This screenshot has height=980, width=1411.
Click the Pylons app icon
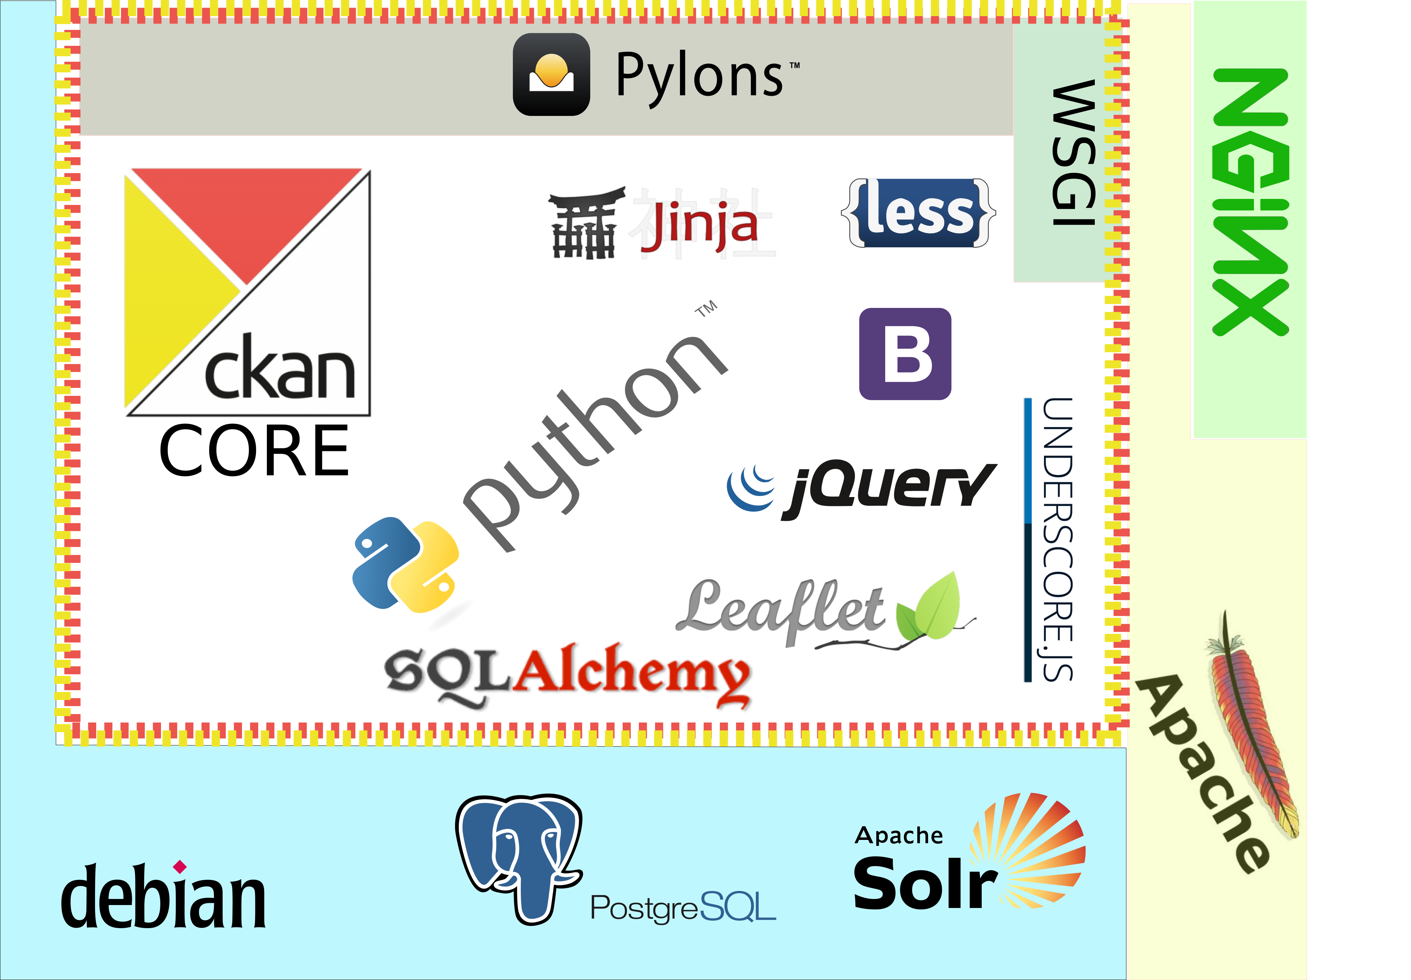click(x=551, y=74)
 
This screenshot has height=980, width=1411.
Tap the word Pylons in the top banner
click(x=700, y=76)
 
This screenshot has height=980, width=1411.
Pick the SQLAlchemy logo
click(x=568, y=675)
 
